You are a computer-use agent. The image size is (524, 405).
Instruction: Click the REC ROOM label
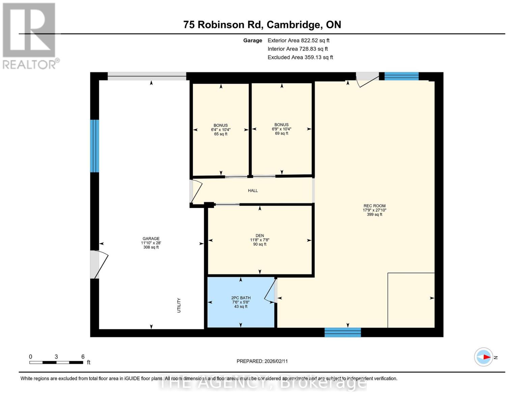tap(375, 206)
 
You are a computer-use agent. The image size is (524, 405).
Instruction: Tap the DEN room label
tap(259, 236)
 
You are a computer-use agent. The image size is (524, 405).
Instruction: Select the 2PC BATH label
tap(241, 298)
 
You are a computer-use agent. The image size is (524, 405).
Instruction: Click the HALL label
tap(253, 191)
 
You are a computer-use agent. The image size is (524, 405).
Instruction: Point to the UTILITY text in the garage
tap(179, 305)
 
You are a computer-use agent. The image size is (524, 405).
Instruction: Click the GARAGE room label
tap(151, 239)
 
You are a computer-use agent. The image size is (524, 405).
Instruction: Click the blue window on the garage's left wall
tap(94, 146)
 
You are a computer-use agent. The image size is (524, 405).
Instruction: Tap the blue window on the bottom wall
tap(342, 332)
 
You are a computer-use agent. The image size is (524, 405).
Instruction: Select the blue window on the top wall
tap(402, 76)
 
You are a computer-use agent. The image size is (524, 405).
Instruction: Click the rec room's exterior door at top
tap(367, 79)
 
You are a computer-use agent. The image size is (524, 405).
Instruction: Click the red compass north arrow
tap(486, 357)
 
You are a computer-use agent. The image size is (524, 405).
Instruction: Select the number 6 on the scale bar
tap(83, 357)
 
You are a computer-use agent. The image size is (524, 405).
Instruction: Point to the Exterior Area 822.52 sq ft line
tap(298, 40)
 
